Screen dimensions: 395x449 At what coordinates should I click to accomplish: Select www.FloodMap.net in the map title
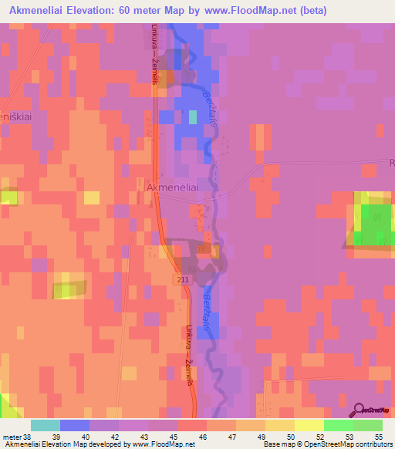tap(241, 11)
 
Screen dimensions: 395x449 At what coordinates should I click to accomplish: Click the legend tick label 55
tap(379, 436)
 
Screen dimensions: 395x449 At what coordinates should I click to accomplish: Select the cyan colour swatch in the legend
tap(46, 425)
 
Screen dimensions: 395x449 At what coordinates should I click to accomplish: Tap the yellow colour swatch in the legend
tap(309, 425)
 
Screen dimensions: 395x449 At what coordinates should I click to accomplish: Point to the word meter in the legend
tap(12, 436)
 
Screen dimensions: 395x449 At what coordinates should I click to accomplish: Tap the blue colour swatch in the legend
tap(75, 425)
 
